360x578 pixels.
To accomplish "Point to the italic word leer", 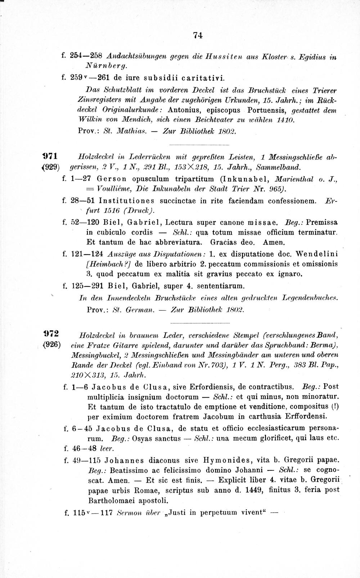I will [107, 449].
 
